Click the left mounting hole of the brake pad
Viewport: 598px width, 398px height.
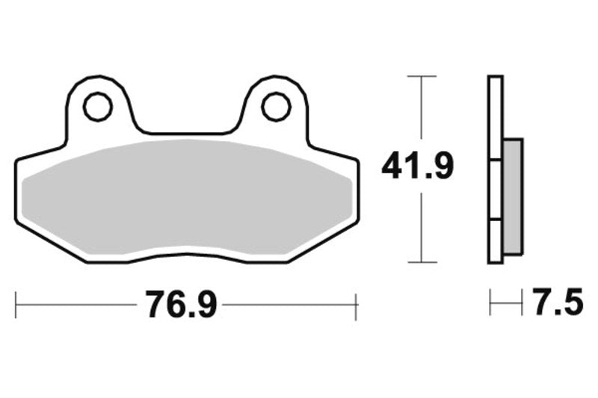click(x=98, y=106)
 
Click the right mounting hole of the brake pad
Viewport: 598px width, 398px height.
click(x=276, y=106)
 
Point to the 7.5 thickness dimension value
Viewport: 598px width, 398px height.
click(x=557, y=304)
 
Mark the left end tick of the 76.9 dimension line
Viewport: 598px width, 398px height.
click(x=16, y=305)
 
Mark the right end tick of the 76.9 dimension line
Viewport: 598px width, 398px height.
click(x=357, y=305)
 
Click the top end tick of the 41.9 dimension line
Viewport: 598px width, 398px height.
click(x=422, y=76)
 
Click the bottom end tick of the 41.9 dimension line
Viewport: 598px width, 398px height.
click(x=422, y=262)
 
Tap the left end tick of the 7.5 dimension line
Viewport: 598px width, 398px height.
click(x=490, y=304)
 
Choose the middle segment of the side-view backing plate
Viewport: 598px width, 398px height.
click(x=495, y=190)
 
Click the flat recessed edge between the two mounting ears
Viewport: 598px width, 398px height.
click(x=187, y=134)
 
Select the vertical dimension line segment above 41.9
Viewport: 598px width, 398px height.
click(x=422, y=112)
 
